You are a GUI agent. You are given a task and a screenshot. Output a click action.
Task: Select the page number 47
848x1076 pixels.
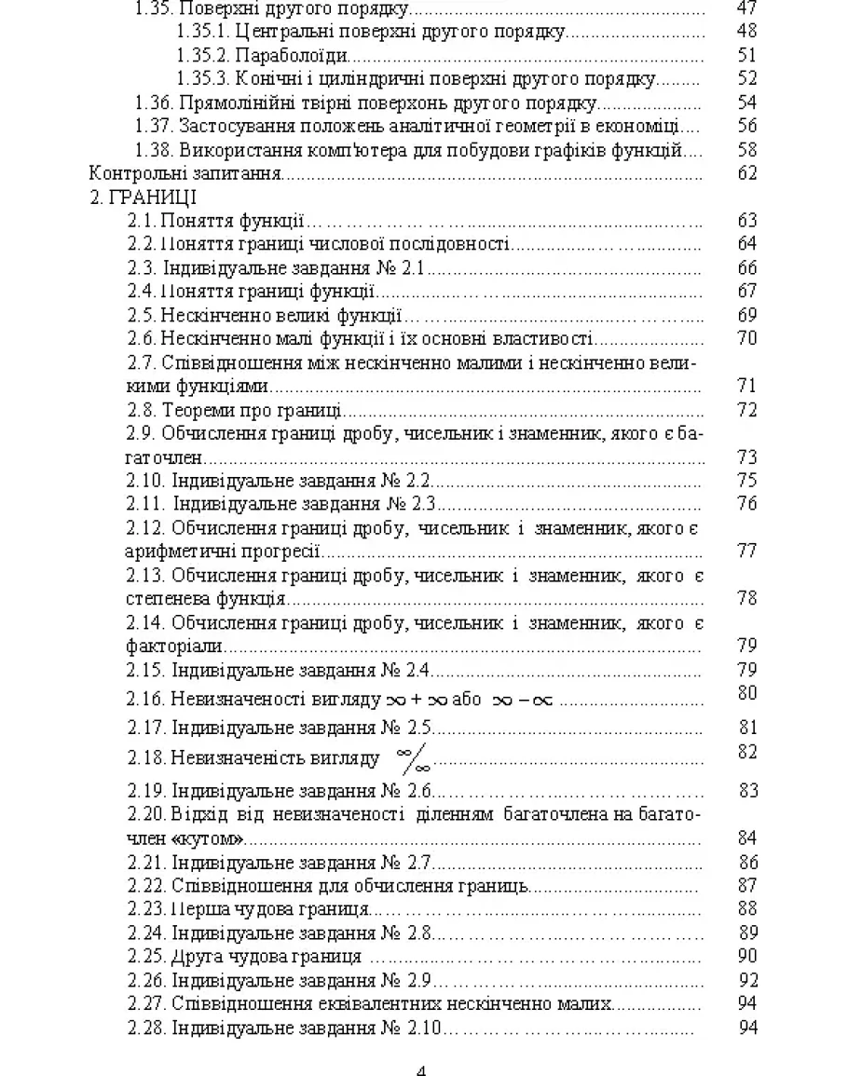[746, 9]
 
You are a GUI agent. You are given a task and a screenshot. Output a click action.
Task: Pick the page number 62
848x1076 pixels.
[746, 172]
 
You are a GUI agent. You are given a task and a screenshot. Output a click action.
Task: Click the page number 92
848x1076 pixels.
[746, 979]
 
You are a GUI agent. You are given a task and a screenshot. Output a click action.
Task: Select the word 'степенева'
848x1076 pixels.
[164, 597]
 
